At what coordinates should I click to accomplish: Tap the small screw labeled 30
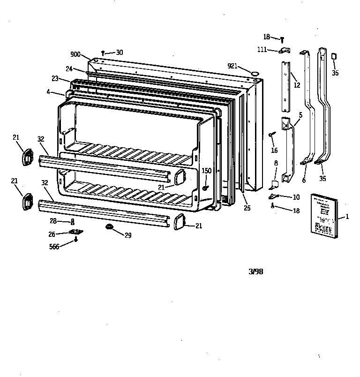point(103,53)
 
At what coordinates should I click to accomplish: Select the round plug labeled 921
point(255,73)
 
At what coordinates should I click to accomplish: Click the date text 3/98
point(255,271)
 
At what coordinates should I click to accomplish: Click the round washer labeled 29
point(109,227)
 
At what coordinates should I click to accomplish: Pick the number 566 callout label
point(54,247)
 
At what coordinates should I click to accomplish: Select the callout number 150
point(207,171)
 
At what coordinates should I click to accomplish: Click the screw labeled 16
point(271,135)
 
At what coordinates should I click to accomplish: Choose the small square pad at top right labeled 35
point(334,56)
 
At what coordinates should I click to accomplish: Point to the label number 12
point(297,85)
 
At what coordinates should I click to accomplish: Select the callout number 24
point(69,68)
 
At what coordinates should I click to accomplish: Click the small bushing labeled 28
point(73,221)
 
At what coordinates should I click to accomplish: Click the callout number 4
point(49,91)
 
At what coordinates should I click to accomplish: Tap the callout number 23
point(55,78)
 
